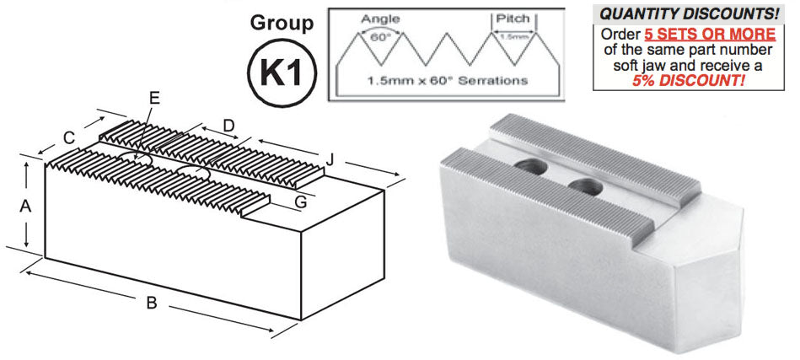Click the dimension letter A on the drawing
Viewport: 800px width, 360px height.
[25, 207]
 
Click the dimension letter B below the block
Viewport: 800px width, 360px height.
[152, 303]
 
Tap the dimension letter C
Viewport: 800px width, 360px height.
[69, 137]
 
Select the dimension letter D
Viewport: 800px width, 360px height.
[228, 125]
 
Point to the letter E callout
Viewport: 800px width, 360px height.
[155, 98]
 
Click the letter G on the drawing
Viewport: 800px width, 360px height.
[300, 202]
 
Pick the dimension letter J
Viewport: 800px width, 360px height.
[330, 159]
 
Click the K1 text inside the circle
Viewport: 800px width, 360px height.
[282, 73]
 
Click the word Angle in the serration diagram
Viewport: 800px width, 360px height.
[380, 19]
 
